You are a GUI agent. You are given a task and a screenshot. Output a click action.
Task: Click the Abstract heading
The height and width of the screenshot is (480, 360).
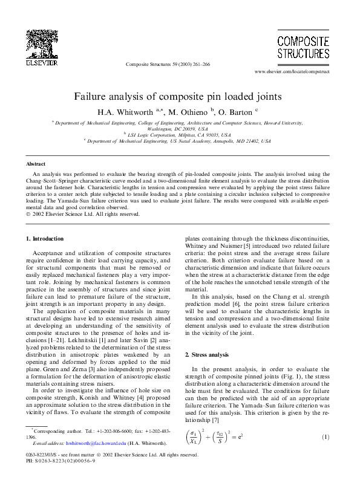[x=36, y=163]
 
